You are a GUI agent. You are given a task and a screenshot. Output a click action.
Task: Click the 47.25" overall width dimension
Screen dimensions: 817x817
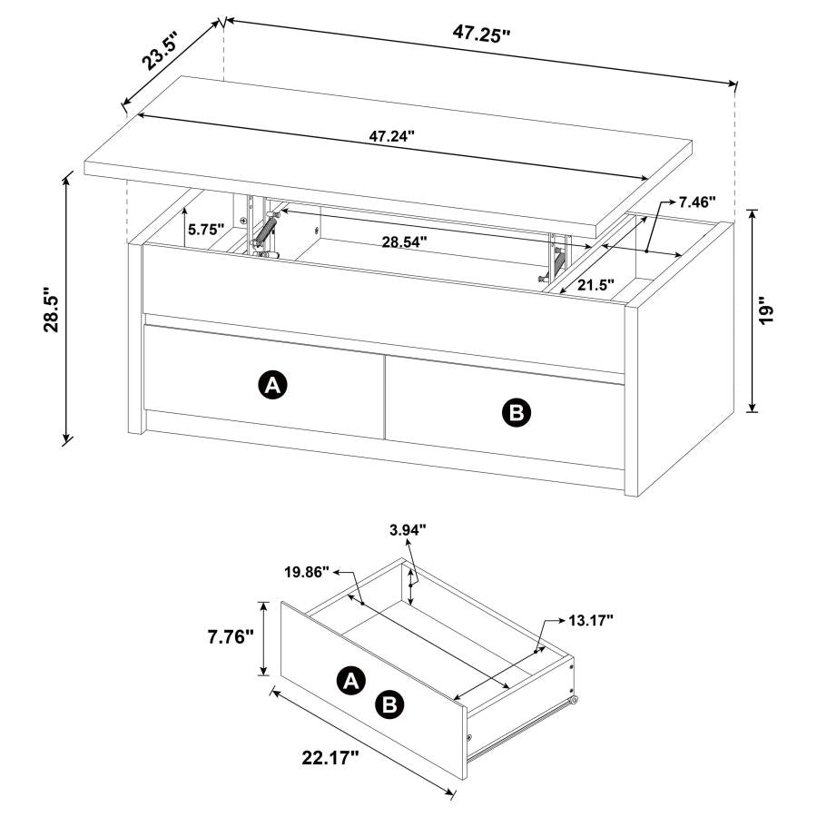pyautogui.click(x=481, y=34)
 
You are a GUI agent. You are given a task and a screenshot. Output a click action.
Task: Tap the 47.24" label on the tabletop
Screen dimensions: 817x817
pyautogui.click(x=391, y=136)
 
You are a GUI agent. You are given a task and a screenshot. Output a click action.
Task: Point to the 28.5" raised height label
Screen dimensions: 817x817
pyautogui.click(x=52, y=311)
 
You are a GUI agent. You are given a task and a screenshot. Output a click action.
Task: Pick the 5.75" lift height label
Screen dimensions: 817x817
pyautogui.click(x=206, y=230)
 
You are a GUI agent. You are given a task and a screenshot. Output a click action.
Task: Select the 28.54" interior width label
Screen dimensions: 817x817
pyautogui.click(x=404, y=242)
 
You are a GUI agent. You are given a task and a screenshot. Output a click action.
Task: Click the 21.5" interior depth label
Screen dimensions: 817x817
pyautogui.click(x=596, y=284)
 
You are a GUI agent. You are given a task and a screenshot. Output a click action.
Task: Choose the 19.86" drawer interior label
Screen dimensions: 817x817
pyautogui.click(x=307, y=572)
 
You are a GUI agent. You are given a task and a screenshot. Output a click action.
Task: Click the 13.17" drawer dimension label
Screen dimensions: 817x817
pyautogui.click(x=591, y=620)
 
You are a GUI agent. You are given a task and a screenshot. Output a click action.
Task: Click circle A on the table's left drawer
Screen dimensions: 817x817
pyautogui.click(x=271, y=385)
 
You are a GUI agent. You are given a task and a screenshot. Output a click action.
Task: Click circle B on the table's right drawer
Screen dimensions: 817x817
pyautogui.click(x=516, y=414)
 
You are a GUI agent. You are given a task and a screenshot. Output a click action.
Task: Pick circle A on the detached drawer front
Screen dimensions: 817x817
pyautogui.click(x=351, y=679)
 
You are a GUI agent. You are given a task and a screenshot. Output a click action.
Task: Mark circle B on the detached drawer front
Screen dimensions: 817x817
pyautogui.click(x=390, y=704)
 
